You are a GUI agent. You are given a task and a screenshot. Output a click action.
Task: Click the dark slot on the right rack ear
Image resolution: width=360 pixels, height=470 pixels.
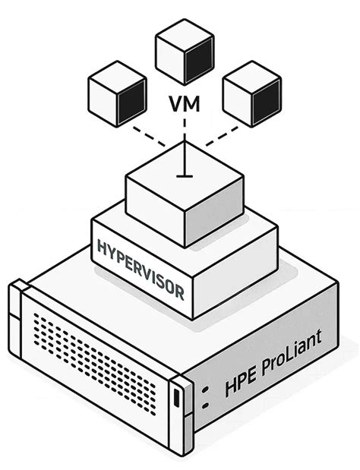pyautogui.click(x=177, y=398)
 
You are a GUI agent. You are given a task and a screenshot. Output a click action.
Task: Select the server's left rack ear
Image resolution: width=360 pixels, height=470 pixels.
pyautogui.click(x=17, y=319)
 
